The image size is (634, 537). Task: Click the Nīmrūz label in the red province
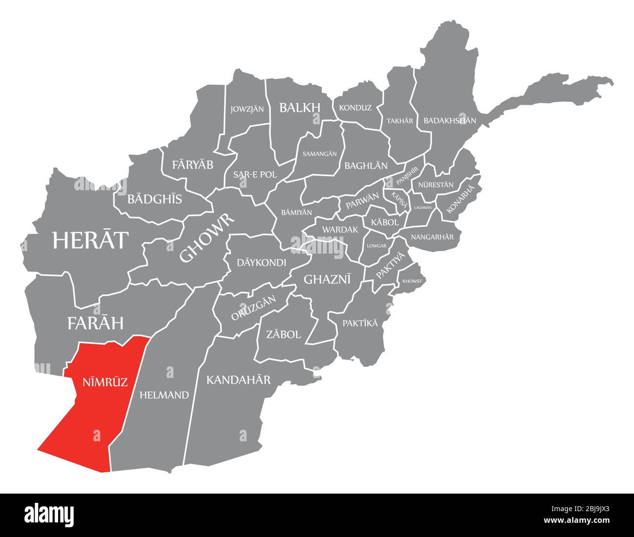(101, 381)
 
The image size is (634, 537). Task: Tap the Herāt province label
(91, 240)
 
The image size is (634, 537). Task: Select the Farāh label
(95, 322)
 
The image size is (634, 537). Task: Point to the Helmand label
(164, 395)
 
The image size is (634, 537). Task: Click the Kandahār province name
(238, 379)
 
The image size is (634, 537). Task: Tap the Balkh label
(299, 107)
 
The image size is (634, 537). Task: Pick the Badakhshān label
(450, 120)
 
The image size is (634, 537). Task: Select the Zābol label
(283, 334)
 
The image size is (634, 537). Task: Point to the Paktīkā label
(360, 323)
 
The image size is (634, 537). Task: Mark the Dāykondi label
(261, 262)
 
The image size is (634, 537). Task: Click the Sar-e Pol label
(255, 174)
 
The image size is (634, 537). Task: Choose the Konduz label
(355, 108)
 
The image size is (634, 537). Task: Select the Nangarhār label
(432, 237)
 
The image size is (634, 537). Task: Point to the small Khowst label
(413, 281)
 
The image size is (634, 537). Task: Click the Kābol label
(385, 222)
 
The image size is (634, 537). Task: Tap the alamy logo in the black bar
(49, 514)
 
